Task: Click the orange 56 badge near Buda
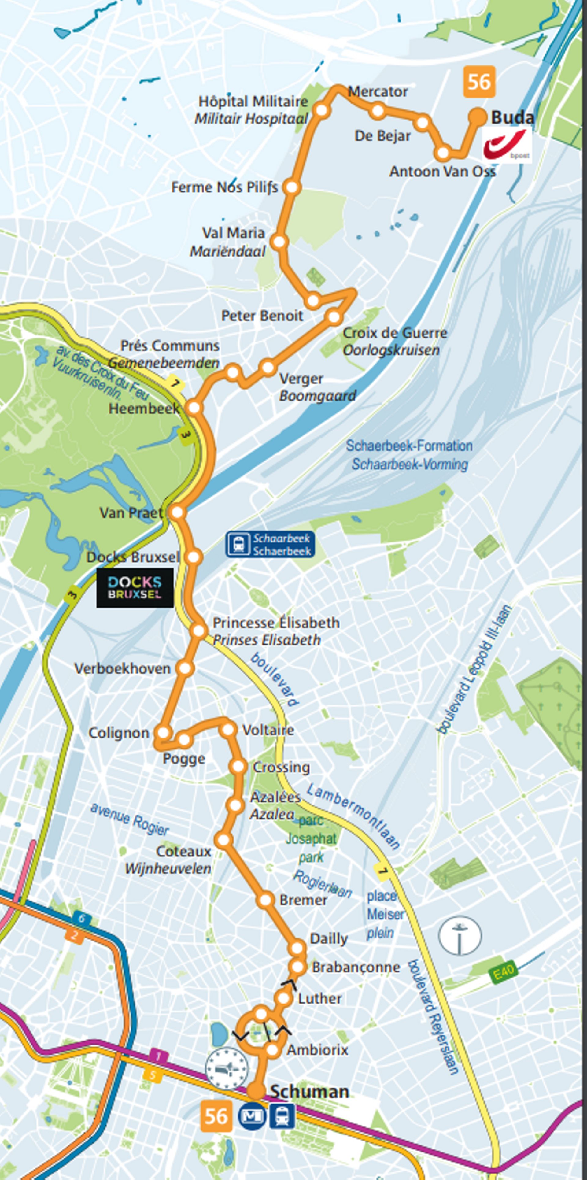click(x=479, y=82)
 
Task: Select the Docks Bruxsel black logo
click(x=135, y=587)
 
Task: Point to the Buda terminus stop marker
click(x=478, y=117)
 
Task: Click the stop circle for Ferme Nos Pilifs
click(x=292, y=187)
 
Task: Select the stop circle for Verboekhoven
click(x=185, y=668)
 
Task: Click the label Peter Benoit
click(x=262, y=316)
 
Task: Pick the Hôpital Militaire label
click(x=253, y=101)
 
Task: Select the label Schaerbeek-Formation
click(x=409, y=446)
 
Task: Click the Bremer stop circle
click(x=266, y=900)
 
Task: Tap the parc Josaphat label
click(x=311, y=838)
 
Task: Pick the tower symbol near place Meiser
click(x=460, y=934)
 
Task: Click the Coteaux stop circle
click(x=224, y=840)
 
